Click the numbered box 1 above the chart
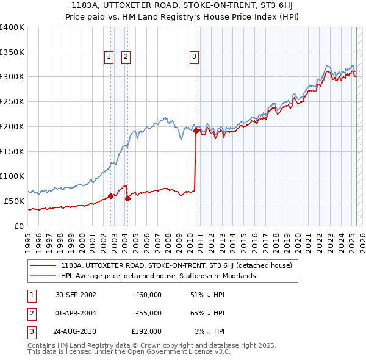pos(109,57)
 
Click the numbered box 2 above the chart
pos(125,57)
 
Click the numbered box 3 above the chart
pos(194,57)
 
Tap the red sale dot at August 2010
pos(196,130)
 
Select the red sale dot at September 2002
pos(111,196)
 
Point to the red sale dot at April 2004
pos(127,198)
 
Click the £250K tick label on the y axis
pos(12,101)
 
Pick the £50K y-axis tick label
pos(14,201)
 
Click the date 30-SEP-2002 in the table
pos(76,295)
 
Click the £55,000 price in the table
pos(147,313)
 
